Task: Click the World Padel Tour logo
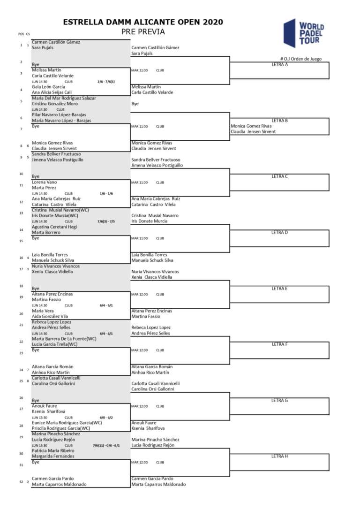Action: [x=304, y=33]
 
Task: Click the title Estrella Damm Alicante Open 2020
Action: [x=143, y=22]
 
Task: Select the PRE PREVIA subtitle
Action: [x=143, y=32]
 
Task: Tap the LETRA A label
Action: [x=279, y=65]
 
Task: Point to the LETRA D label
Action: [x=279, y=232]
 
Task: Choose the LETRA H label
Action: [x=279, y=456]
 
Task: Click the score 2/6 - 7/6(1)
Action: [x=106, y=81]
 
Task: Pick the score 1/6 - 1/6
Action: [x=106, y=193]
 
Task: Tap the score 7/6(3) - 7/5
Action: [x=106, y=221]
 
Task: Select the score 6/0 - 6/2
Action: [x=106, y=417]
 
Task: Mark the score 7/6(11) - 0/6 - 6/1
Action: [x=106, y=445]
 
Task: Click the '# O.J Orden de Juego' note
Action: [x=304, y=59]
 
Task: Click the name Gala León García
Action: [x=48, y=87]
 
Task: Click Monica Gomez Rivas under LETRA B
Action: [x=251, y=126]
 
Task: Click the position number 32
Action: [x=21, y=482]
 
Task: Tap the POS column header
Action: [x=21, y=34]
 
